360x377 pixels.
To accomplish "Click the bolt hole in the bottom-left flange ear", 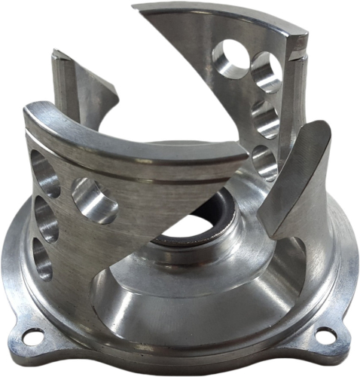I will pyautogui.click(x=32, y=337).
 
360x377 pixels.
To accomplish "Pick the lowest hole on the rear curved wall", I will pyautogui.click(x=264, y=161).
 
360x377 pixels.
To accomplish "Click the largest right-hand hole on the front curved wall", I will pyautogui.click(x=94, y=200).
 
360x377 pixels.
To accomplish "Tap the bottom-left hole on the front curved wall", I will pyautogui.click(x=42, y=259).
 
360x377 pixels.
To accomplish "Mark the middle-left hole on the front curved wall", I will pyautogui.click(x=44, y=219).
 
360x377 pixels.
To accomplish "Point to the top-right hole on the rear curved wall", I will pyautogui.click(x=266, y=72).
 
